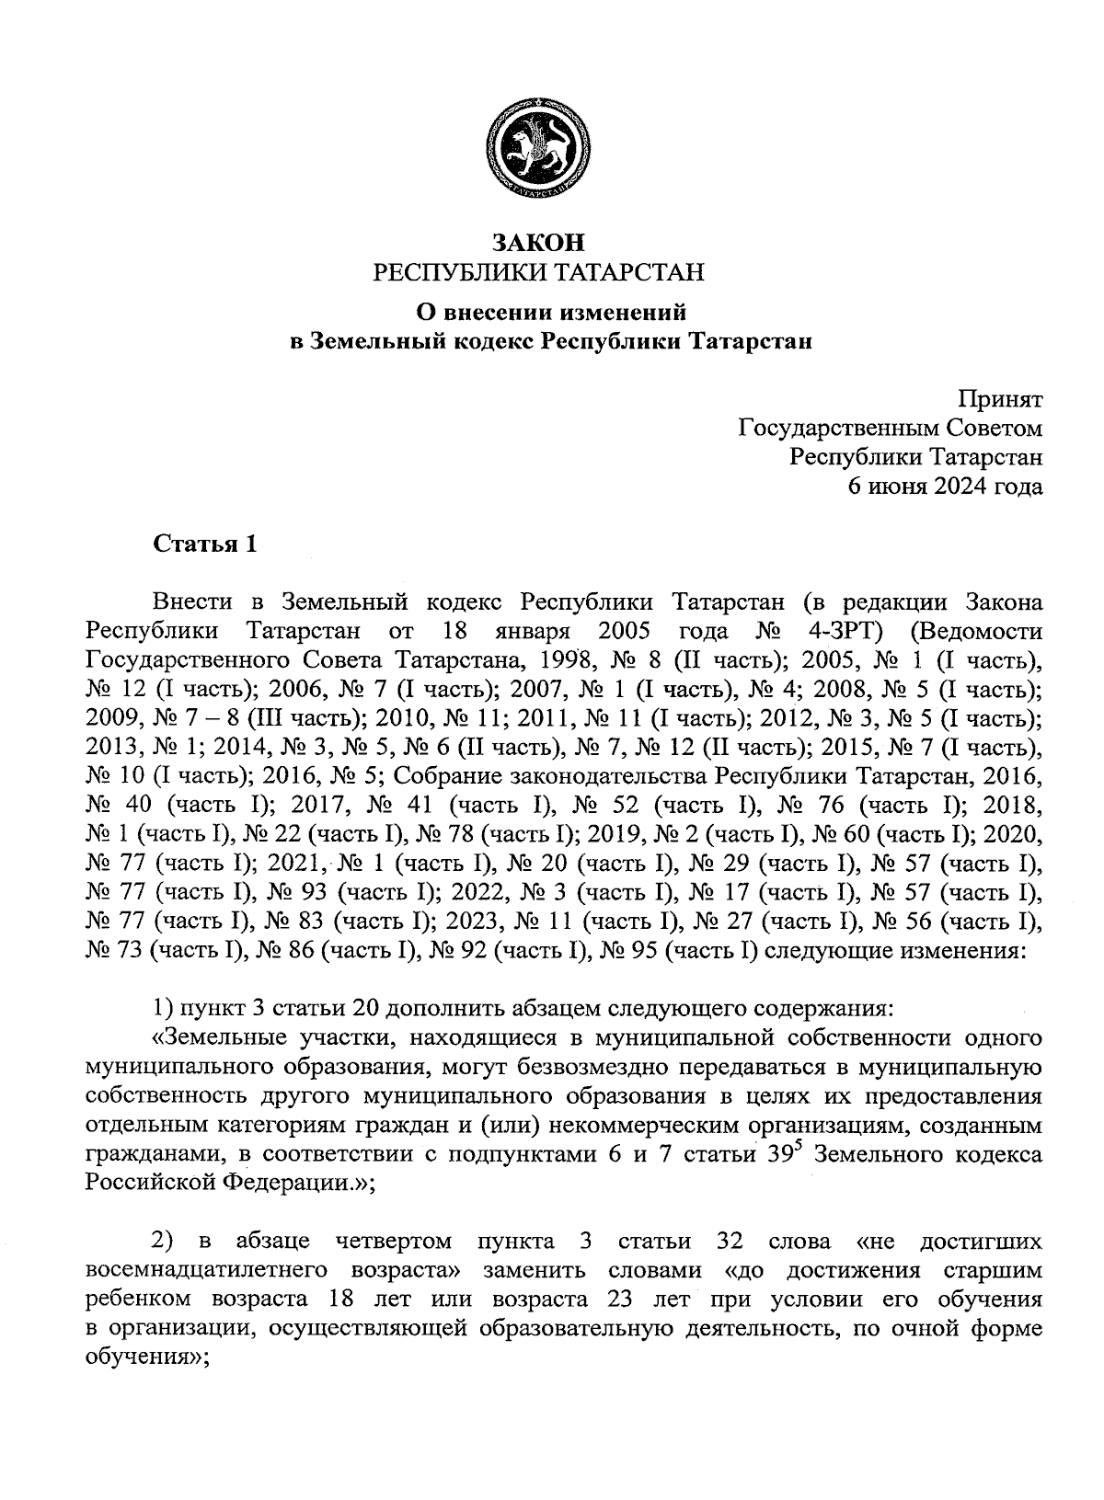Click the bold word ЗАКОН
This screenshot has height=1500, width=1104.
[x=538, y=243]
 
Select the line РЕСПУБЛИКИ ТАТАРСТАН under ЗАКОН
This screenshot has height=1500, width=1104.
[x=538, y=272]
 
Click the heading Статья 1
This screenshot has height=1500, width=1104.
[x=204, y=544]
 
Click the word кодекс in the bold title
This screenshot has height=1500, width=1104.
[x=485, y=342]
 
